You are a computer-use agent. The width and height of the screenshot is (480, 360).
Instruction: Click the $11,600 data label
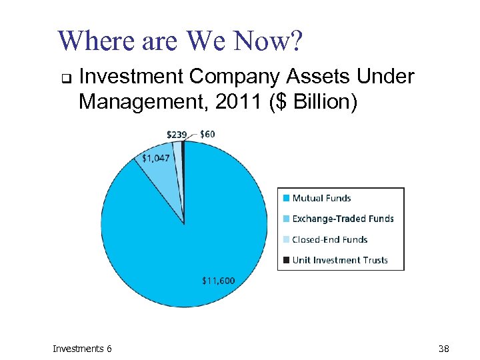[x=218, y=281]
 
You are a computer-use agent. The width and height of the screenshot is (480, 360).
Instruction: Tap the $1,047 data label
[x=156, y=158]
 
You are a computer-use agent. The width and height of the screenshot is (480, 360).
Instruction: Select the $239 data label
[x=177, y=135]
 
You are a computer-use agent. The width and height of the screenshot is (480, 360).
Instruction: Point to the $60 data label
[x=207, y=134]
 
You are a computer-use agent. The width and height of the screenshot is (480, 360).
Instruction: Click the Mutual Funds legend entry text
[x=321, y=198]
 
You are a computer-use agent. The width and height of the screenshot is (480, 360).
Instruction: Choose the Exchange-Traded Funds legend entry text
[x=343, y=219]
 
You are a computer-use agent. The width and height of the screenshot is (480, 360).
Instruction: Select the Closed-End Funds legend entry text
[x=329, y=239]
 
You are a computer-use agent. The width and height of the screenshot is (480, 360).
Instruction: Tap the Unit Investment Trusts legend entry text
[x=339, y=260]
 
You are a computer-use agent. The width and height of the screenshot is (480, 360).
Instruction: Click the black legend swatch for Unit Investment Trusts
[x=286, y=260]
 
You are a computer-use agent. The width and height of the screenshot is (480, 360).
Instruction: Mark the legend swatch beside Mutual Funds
[x=286, y=198]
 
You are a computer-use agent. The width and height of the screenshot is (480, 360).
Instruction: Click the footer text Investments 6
[x=83, y=349]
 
